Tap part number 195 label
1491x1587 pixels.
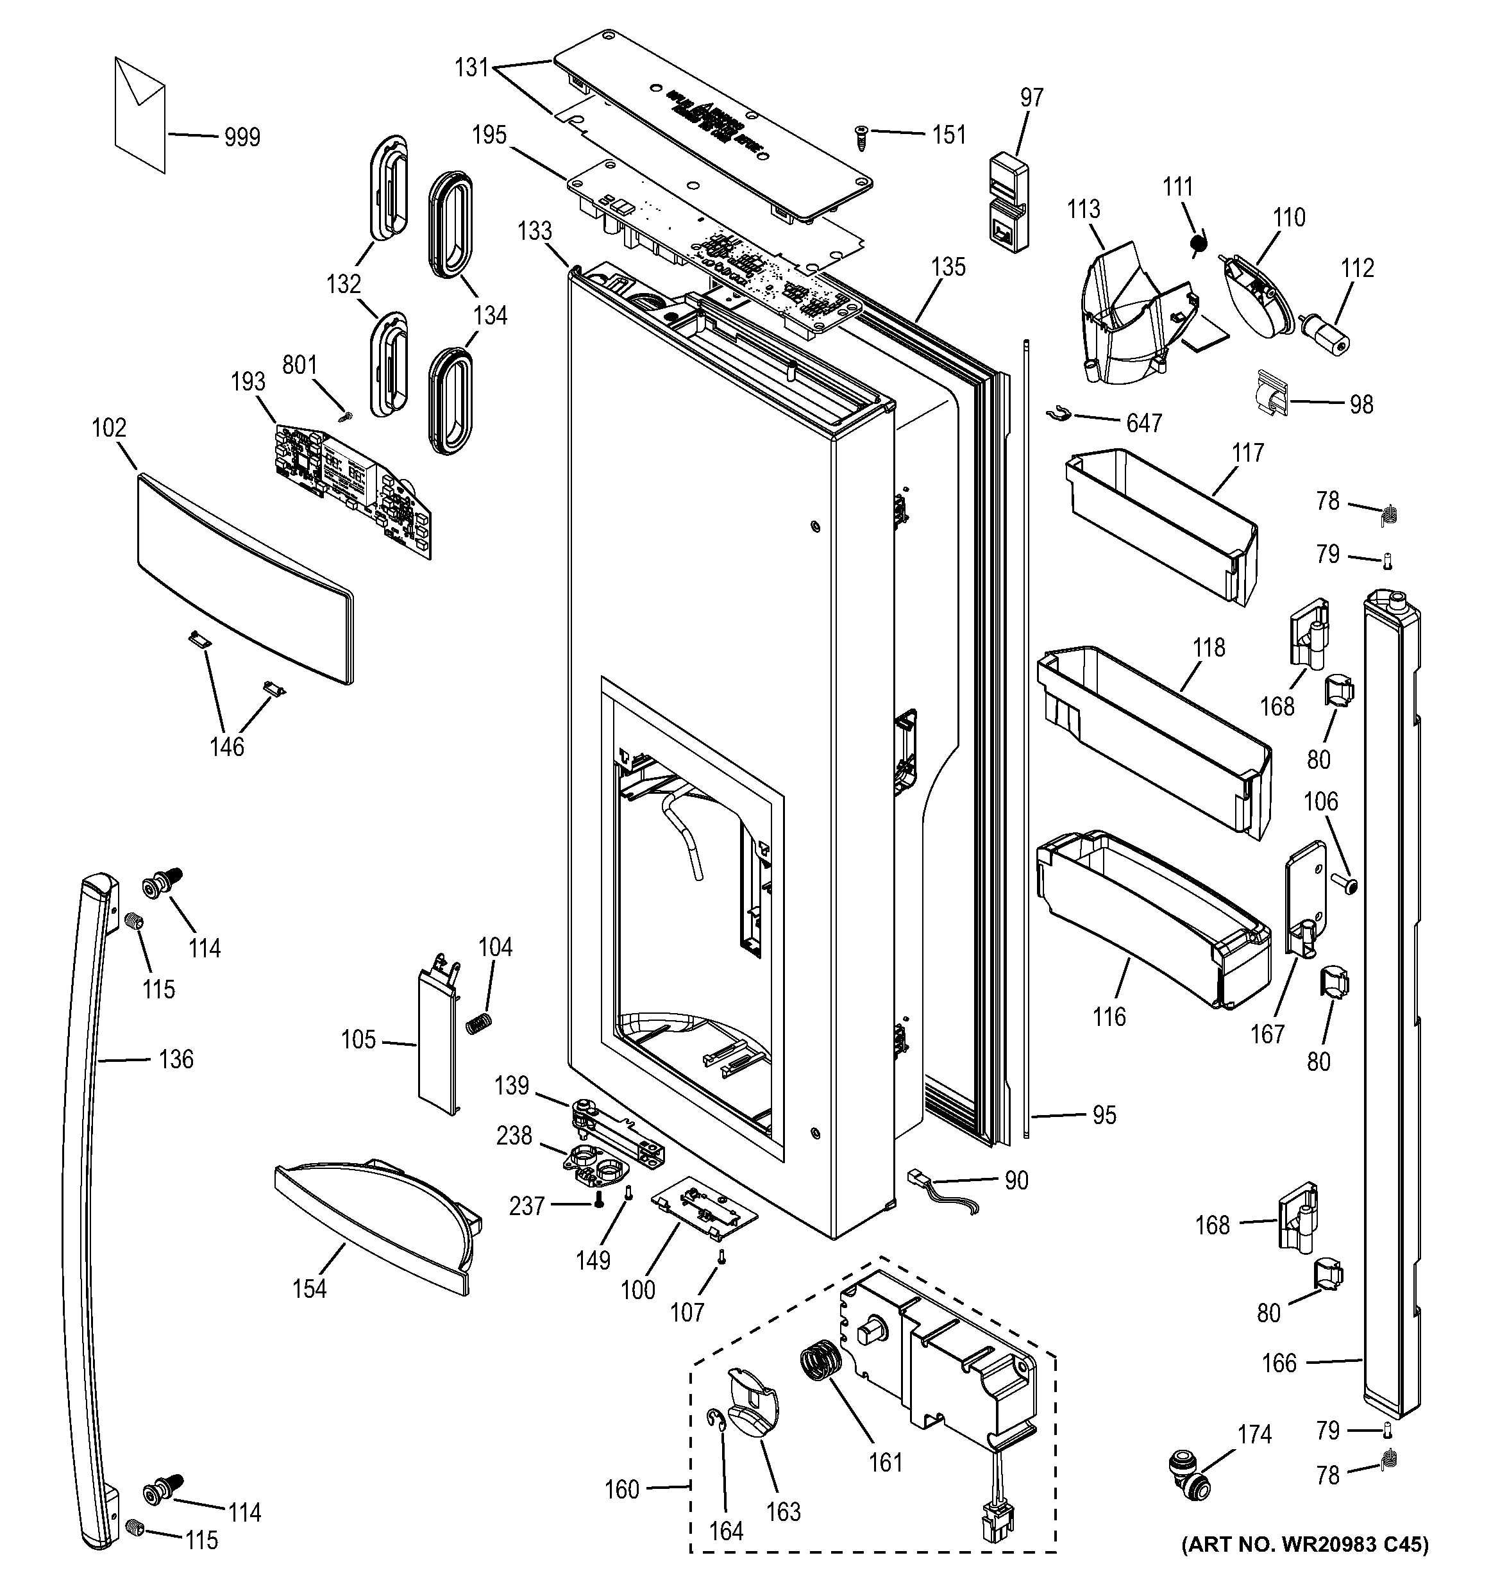click(x=489, y=135)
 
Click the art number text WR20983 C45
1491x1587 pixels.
click(x=1306, y=1566)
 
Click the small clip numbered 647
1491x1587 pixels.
click(x=1056, y=414)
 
